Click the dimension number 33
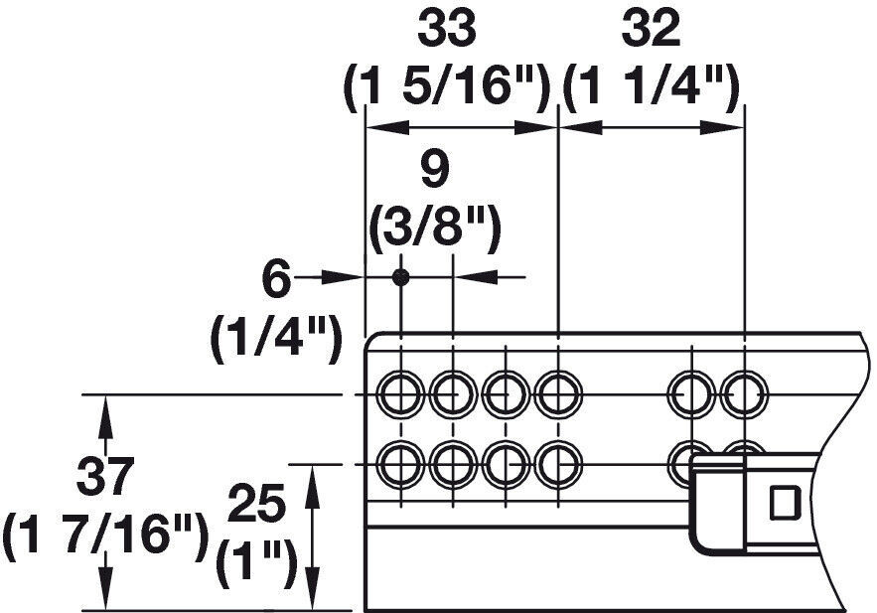pyautogui.click(x=447, y=29)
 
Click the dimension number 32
pyautogui.click(x=651, y=29)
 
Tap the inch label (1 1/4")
pyautogui.click(x=652, y=86)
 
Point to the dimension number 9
pyautogui.click(x=435, y=170)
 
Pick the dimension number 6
pyautogui.click(x=276, y=281)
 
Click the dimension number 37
pyautogui.click(x=105, y=477)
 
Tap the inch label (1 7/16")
pyautogui.click(x=105, y=535)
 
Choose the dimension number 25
pyautogui.click(x=257, y=505)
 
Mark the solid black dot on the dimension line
pyautogui.click(x=400, y=277)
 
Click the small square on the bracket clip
pyautogui.click(x=786, y=502)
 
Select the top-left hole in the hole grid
pyautogui.click(x=400, y=394)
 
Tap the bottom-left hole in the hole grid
pyautogui.click(x=400, y=464)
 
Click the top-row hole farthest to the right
pyautogui.click(x=745, y=394)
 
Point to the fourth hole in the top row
pyautogui.click(x=559, y=394)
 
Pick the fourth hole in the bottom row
pyautogui.click(x=559, y=464)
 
